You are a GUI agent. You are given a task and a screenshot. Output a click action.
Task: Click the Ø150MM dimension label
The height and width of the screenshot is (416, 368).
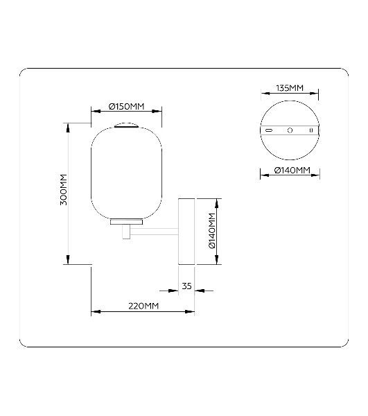click(126, 107)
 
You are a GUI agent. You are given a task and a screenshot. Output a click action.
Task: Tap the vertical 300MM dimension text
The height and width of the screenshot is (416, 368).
click(64, 189)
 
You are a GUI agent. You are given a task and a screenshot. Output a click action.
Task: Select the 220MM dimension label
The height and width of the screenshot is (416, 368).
click(143, 306)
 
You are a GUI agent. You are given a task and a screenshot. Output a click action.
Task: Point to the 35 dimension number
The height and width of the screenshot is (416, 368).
click(186, 286)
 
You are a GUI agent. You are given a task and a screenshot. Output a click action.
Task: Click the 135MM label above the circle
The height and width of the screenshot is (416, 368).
click(290, 88)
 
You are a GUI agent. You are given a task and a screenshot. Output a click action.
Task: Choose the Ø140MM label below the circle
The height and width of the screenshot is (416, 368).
click(292, 170)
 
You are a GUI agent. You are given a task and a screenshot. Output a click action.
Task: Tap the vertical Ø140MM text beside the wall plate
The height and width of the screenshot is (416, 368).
click(212, 231)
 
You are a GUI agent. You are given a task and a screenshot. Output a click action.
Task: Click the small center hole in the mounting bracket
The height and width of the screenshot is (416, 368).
click(290, 130)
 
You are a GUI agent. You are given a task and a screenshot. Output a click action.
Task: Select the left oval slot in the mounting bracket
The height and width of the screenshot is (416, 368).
click(269, 130)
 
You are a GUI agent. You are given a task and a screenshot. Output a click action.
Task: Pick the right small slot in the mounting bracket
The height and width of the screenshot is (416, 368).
click(311, 130)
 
